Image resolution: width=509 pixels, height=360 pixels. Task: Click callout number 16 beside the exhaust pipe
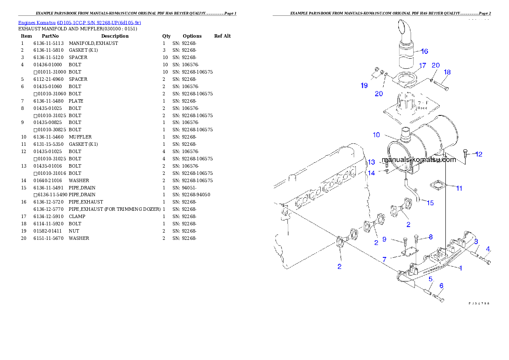[424, 51]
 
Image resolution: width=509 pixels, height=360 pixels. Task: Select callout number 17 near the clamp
[422, 66]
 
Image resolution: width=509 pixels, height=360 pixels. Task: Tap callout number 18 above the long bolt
[447, 72]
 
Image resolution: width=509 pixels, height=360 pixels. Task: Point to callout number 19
[364, 86]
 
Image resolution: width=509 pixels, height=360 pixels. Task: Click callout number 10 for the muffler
[376, 135]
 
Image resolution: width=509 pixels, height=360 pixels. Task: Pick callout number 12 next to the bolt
[479, 154]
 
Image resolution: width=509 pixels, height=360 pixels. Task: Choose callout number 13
[371, 162]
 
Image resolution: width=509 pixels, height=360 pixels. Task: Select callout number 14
[371, 173]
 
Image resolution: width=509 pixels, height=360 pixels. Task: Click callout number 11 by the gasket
[459, 188]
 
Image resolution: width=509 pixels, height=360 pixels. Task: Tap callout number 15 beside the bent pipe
[430, 203]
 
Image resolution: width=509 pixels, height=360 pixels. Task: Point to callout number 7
[384, 260]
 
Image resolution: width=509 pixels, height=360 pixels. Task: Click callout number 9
[384, 239]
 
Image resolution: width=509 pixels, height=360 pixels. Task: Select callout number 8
[430, 237]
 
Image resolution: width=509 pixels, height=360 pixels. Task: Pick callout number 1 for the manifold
[460, 269]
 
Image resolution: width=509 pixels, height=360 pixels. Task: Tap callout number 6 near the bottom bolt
[441, 286]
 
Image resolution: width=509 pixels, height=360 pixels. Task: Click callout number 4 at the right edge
[488, 249]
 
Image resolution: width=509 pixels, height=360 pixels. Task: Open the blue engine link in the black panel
[80, 23]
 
